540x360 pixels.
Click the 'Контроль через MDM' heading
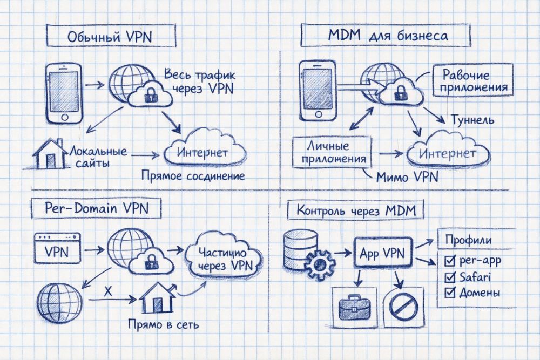point(356,210)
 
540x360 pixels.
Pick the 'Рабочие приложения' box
point(471,80)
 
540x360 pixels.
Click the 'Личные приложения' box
point(332,152)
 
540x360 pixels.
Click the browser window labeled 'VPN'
point(57,250)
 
